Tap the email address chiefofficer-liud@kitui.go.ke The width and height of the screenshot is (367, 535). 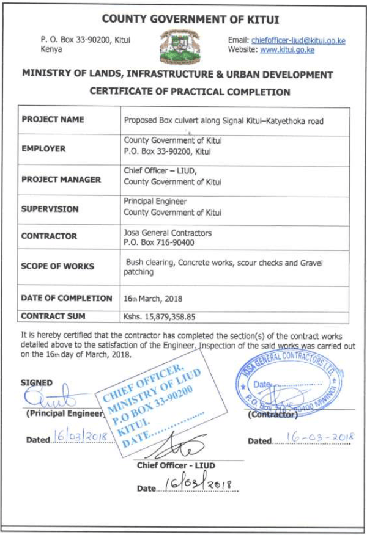point(298,40)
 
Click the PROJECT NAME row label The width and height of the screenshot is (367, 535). point(53,120)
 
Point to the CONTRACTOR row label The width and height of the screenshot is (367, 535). point(50,236)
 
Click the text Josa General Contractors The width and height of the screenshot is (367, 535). point(168,233)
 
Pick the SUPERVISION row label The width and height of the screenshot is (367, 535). point(51,209)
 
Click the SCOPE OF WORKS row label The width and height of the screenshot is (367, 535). point(58,266)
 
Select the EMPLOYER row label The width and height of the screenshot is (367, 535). point(43,148)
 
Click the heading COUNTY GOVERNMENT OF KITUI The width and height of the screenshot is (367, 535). point(182,20)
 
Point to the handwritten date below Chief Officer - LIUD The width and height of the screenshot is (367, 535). point(197,486)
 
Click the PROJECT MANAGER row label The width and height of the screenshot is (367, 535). point(60,180)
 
